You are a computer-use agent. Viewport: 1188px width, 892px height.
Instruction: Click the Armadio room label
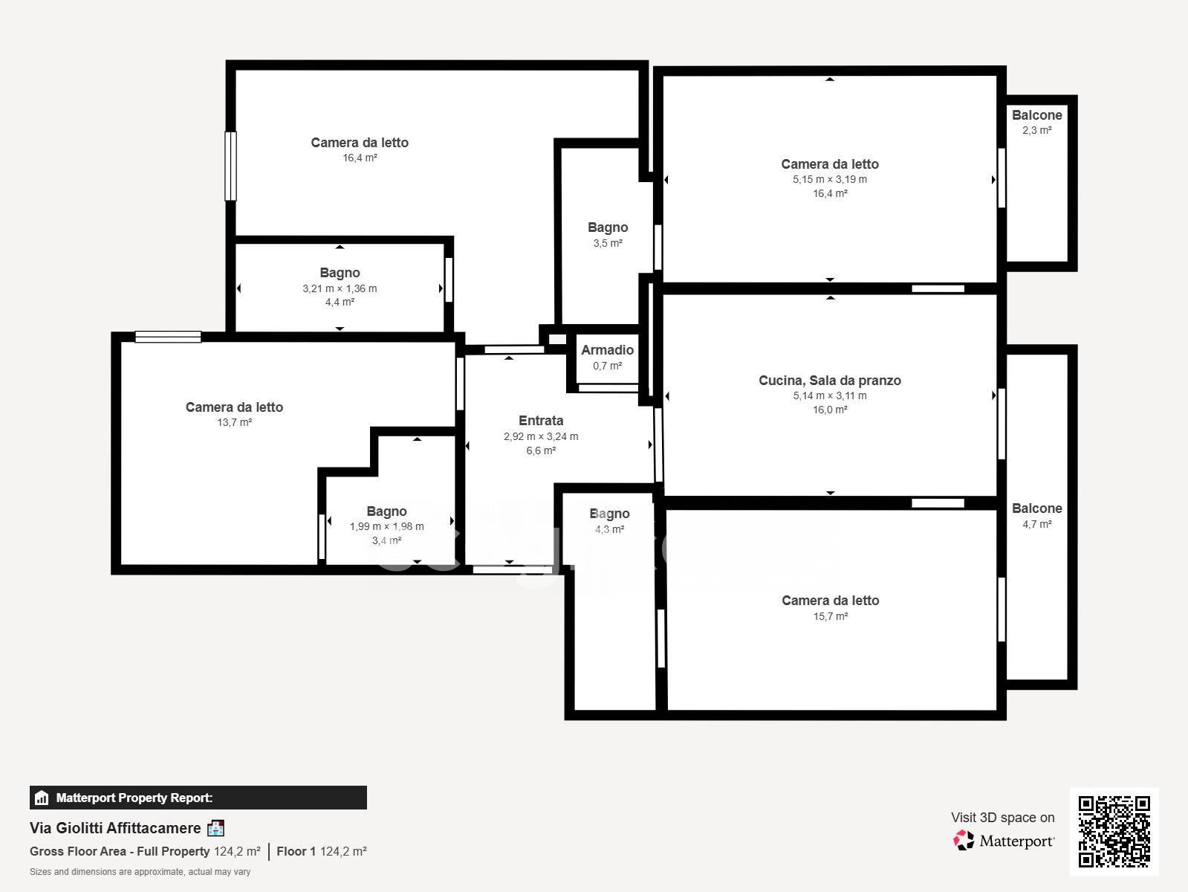(607, 350)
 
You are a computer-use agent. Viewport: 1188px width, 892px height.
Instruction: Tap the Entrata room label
(541, 421)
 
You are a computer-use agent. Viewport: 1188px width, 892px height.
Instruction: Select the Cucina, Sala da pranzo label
(830, 381)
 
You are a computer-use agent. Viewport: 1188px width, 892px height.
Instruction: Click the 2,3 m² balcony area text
(1037, 130)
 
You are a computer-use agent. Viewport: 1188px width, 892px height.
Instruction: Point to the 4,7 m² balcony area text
(1037, 524)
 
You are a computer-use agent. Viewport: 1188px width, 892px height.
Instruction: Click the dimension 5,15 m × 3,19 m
(830, 179)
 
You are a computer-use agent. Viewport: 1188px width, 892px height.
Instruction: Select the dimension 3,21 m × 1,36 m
(340, 288)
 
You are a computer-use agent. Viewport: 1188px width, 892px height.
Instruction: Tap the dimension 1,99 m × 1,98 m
(386, 526)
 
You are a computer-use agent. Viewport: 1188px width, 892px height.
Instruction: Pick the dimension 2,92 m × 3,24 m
(541, 436)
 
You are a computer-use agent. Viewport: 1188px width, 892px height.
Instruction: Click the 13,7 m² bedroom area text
(234, 422)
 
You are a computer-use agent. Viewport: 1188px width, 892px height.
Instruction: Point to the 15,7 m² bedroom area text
(830, 616)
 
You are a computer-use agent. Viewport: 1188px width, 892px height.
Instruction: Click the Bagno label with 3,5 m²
(608, 227)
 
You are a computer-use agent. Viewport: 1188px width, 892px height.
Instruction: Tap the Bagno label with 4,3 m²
(609, 514)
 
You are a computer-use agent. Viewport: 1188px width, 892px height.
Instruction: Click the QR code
(1114, 831)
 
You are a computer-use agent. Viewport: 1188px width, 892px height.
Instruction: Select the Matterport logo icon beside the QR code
(964, 840)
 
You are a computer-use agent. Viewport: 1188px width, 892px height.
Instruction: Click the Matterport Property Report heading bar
(198, 798)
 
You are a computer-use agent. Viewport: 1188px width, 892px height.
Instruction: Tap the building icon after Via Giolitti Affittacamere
(216, 828)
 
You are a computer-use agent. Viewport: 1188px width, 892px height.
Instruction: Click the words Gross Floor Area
(77, 851)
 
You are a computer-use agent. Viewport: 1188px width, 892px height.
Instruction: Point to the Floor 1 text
(296, 851)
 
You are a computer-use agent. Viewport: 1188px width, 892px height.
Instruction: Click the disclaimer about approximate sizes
(140, 872)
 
